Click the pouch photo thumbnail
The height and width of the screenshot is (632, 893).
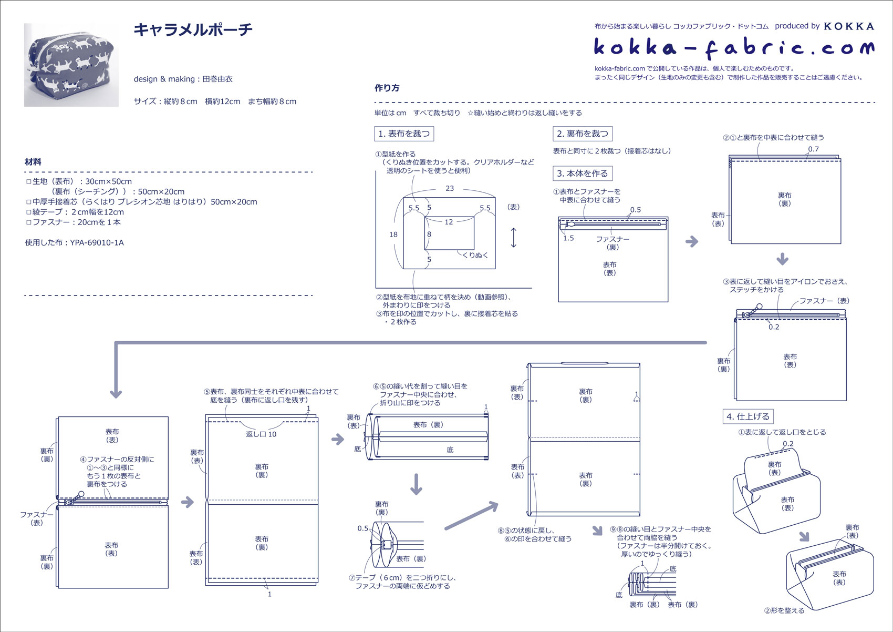coord(71,65)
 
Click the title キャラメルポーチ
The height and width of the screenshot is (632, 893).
coord(193,29)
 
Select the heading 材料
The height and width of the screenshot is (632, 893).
coord(33,162)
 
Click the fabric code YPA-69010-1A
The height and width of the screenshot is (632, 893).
coord(97,242)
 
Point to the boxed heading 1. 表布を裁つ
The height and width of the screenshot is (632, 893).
coord(403,134)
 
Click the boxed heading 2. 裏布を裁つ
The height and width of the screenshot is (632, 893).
coord(582,134)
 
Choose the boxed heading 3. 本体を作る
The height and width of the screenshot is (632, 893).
coord(582,173)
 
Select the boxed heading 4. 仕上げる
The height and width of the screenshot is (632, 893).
coord(747,416)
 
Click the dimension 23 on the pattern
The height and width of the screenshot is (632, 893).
coord(450,188)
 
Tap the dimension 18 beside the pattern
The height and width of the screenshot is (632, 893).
coord(393,235)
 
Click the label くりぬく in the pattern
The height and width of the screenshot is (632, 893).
coord(475,255)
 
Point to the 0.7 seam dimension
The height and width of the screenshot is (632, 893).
coord(813,149)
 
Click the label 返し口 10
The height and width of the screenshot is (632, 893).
coord(261,434)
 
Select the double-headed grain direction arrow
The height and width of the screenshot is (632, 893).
coord(513,238)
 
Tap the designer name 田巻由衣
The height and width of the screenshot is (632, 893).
coord(217,79)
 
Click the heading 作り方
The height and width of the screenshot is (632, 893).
coord(387,88)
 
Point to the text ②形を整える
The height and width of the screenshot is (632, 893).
coord(784,610)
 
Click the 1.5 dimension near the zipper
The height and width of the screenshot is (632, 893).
coord(568,238)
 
